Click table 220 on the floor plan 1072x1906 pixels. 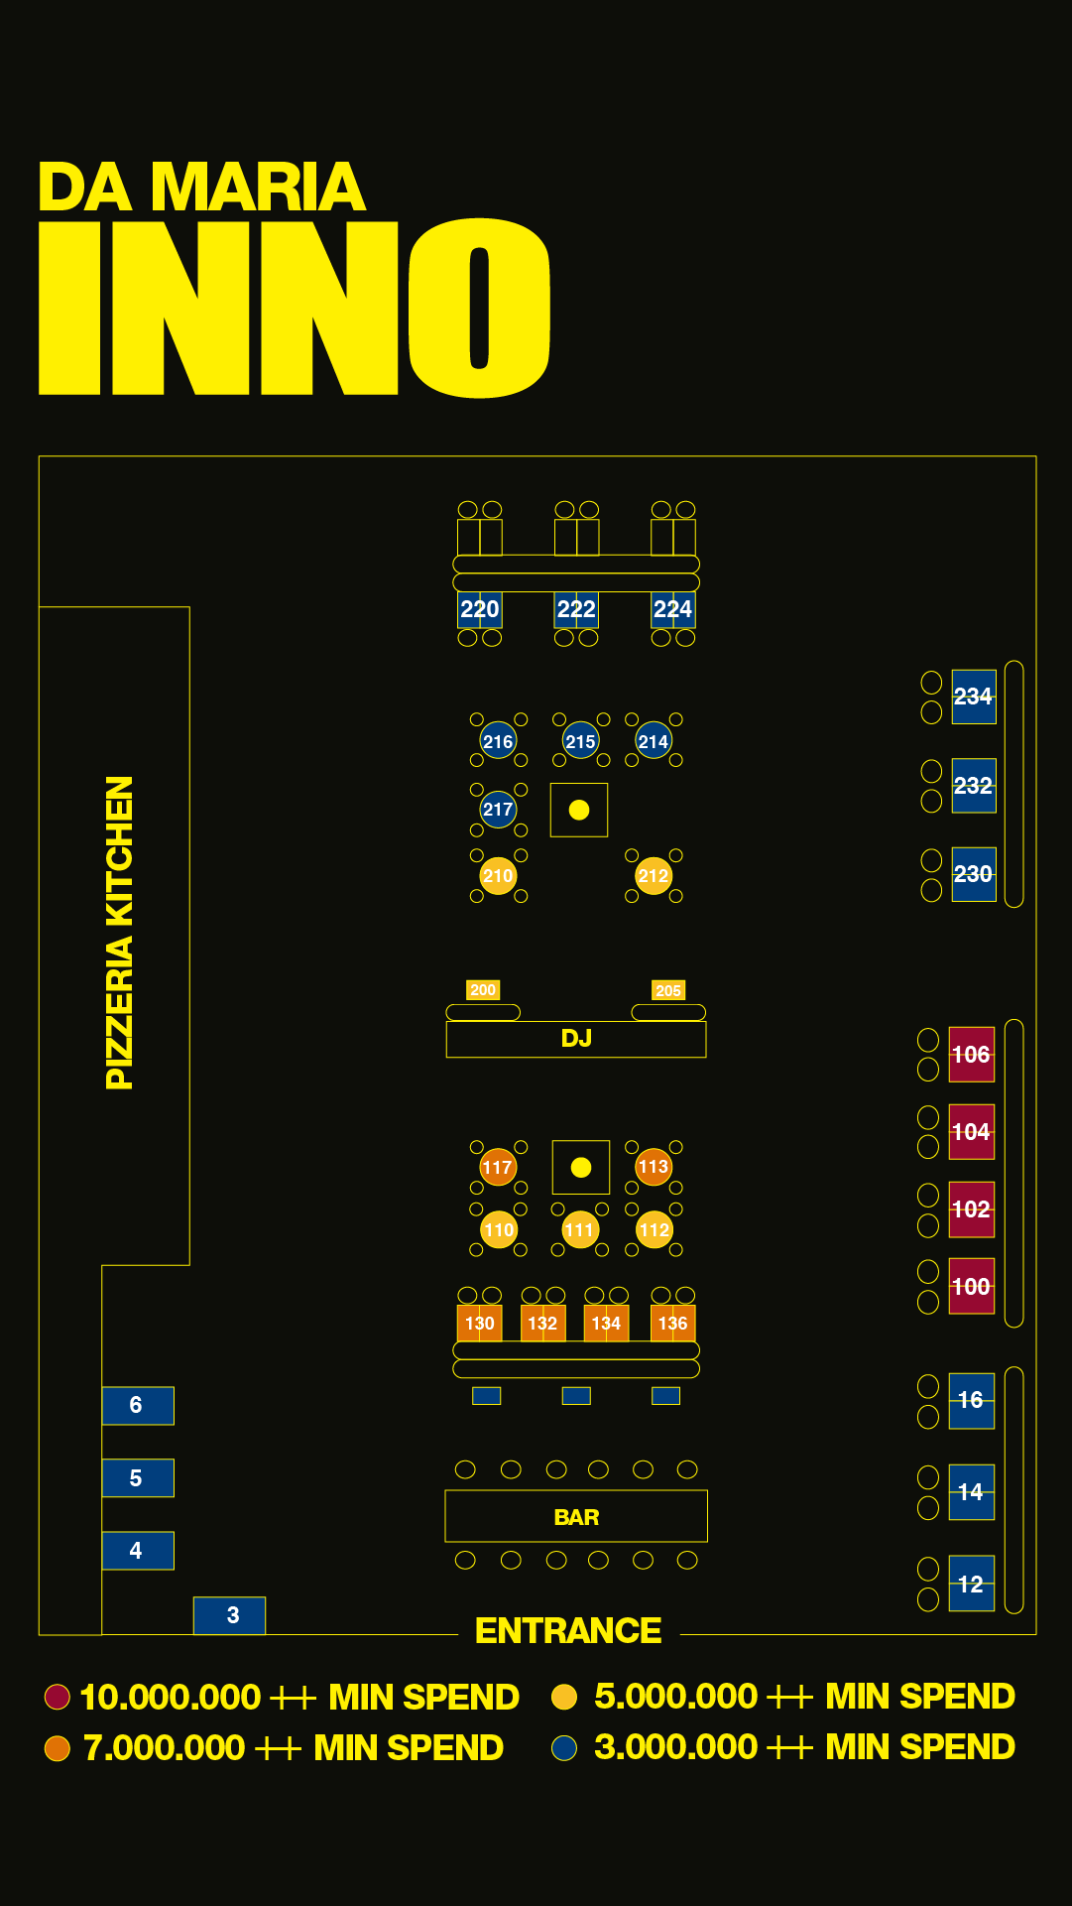point(480,609)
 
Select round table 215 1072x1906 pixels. point(580,741)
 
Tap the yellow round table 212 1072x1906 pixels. point(654,876)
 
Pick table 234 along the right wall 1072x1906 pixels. point(973,697)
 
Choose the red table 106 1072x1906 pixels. point(971,1055)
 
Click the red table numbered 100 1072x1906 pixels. point(971,1287)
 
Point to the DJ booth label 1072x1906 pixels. point(576,1039)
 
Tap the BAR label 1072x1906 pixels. point(576,1517)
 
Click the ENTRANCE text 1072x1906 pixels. point(568,1630)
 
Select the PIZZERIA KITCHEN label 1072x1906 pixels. point(119,933)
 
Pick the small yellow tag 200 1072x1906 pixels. point(483,989)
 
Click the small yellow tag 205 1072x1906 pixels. point(668,990)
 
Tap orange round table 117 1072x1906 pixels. point(498,1167)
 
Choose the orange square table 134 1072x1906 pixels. point(606,1323)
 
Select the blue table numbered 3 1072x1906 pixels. point(230,1615)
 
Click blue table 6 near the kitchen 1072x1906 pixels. point(138,1405)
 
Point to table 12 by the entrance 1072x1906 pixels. point(971,1584)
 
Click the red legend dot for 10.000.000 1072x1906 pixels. point(58,1697)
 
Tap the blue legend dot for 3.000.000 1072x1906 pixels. point(564,1747)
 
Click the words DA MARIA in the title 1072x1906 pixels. point(202,187)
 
